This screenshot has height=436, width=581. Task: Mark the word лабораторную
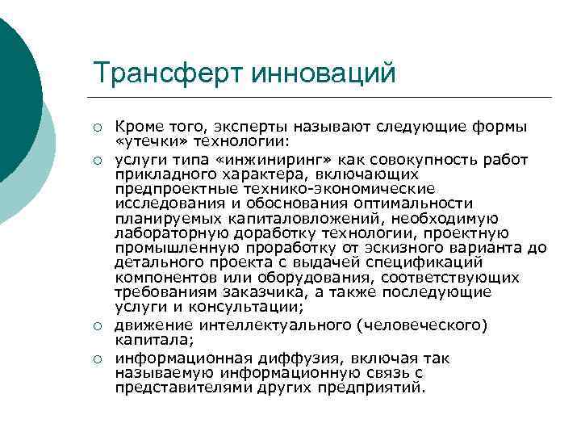point(165,233)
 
